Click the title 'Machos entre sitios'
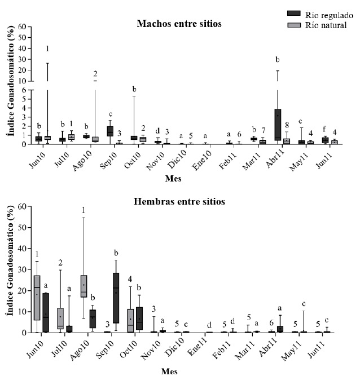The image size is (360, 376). tap(179, 24)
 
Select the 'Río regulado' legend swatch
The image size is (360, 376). tap(293, 14)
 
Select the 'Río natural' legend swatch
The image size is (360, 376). tap(293, 25)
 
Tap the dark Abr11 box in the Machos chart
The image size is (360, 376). tap(278, 124)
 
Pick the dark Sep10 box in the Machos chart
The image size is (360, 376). tap(109, 131)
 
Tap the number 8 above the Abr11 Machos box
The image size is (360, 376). tap(286, 125)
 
